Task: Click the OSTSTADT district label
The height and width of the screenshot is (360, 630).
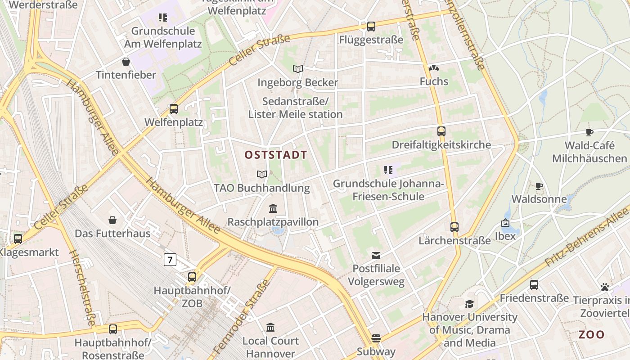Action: point(276,155)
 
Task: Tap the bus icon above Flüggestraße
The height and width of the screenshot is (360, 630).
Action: point(371,27)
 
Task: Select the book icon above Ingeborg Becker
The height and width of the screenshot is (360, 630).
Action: point(298,69)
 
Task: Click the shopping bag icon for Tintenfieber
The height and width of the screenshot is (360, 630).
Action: point(126,62)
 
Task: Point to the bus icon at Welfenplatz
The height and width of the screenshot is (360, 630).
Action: point(174,108)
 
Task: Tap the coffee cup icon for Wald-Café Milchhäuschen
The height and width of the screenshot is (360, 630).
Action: point(589,132)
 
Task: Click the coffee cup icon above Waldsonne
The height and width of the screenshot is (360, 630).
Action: point(539,186)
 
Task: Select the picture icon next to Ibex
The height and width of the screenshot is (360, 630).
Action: point(505,223)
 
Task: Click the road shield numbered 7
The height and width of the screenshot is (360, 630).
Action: point(170,260)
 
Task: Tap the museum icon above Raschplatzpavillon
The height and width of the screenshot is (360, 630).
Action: point(273,209)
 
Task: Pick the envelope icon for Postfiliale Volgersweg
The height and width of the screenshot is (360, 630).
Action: point(376,256)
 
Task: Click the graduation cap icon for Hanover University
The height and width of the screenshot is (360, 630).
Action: point(469,304)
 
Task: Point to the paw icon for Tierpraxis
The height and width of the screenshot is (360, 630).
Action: point(604,287)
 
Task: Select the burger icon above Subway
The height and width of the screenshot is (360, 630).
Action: point(376,338)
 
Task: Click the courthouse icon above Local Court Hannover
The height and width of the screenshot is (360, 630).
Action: point(270,327)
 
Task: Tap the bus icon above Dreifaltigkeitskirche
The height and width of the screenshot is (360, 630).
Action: point(441,131)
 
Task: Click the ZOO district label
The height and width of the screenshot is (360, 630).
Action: point(591,335)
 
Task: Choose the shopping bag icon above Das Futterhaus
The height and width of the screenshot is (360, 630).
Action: point(112,220)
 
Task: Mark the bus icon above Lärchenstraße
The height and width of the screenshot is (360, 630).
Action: point(454,227)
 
